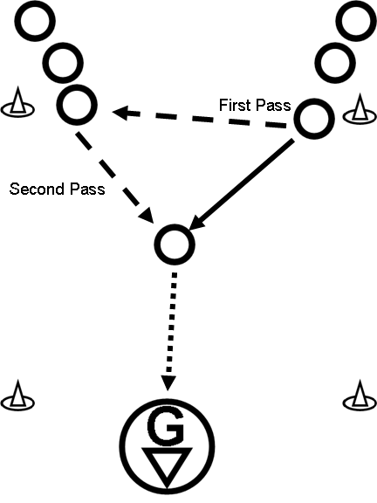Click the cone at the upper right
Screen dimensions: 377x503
[x=360, y=109]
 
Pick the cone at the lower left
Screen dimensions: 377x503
[x=17, y=396]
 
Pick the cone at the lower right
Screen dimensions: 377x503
[x=360, y=396]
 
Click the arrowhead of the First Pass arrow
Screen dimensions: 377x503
[x=120, y=112]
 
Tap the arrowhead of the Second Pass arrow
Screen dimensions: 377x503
[x=147, y=215]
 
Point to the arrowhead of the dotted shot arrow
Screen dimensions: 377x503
[x=168, y=382]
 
